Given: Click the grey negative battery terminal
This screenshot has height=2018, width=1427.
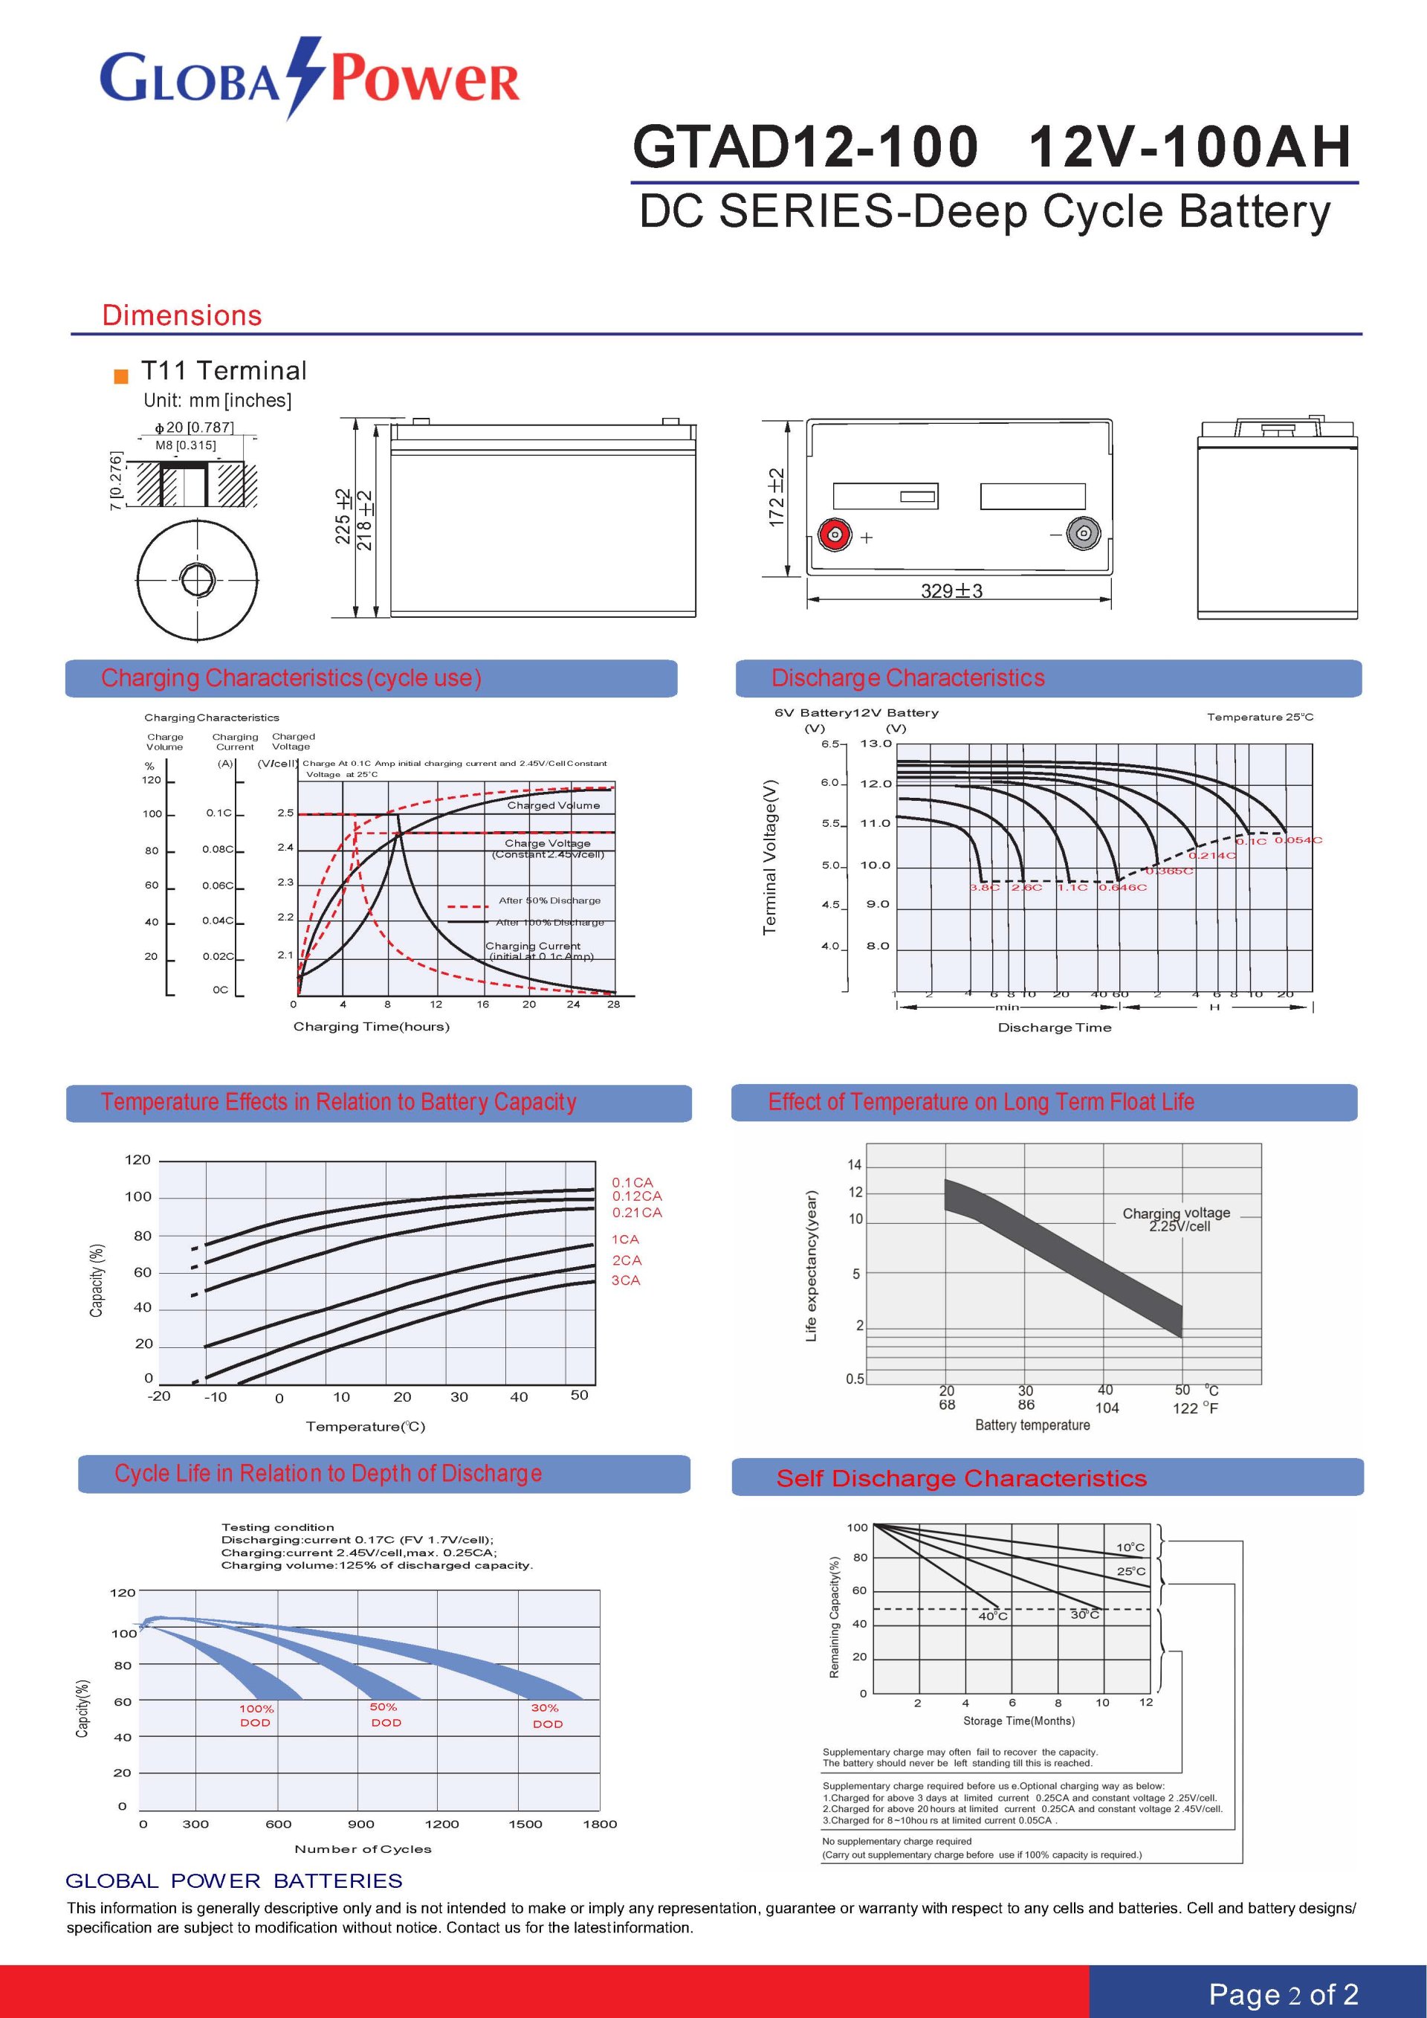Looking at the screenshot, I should [1083, 534].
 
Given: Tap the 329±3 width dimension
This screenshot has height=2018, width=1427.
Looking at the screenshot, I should [951, 590].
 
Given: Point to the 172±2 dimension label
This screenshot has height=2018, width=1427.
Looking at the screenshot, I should [777, 498].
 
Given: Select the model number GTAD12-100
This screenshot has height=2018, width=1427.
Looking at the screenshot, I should [804, 146].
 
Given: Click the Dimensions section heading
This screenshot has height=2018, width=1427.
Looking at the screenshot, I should [182, 315].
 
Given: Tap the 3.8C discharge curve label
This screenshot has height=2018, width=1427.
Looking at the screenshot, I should [984, 888].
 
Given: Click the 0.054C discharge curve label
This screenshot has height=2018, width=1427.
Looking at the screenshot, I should [1298, 840].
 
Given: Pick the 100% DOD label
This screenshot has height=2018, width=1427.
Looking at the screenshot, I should [256, 1715].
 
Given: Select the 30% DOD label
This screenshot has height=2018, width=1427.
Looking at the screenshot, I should [546, 1715].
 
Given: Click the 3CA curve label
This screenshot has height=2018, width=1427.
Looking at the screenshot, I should [626, 1280].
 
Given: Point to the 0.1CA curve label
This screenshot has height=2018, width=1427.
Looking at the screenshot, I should [632, 1183].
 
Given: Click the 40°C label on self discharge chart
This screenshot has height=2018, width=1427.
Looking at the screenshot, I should [993, 1616].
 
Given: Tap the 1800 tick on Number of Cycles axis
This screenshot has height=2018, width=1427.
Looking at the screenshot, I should [599, 1824].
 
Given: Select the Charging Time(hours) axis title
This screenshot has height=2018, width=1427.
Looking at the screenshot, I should [371, 1027].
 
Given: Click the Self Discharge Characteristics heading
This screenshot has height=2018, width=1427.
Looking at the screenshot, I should [961, 1478].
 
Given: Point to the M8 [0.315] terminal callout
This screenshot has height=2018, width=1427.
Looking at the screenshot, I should [185, 445].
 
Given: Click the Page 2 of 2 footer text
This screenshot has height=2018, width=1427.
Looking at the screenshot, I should [1283, 1993].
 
